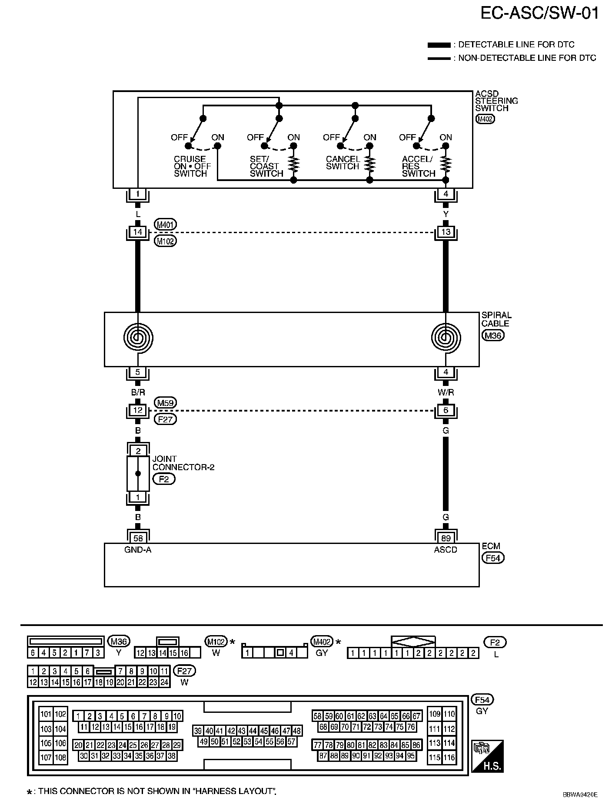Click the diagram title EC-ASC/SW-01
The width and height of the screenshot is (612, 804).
(x=539, y=13)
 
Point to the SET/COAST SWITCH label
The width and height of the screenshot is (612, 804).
(x=266, y=166)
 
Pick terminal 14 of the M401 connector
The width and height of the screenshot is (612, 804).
(x=138, y=232)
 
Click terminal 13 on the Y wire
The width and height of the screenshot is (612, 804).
(x=446, y=232)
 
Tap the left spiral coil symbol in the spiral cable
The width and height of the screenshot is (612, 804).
(x=138, y=337)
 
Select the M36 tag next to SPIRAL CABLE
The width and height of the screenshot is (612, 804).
(x=493, y=335)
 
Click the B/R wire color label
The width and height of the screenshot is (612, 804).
(x=138, y=392)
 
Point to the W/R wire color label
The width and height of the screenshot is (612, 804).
(x=446, y=392)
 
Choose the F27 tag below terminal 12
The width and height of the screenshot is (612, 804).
(x=166, y=419)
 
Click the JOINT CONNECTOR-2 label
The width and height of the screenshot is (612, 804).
(x=183, y=463)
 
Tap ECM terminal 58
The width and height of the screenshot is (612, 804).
(x=138, y=538)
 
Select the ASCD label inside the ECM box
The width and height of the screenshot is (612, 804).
(x=446, y=550)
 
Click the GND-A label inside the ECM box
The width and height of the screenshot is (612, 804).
(x=138, y=550)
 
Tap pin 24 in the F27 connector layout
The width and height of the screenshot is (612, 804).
(x=164, y=682)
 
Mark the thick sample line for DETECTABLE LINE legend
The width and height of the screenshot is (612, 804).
(x=439, y=45)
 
